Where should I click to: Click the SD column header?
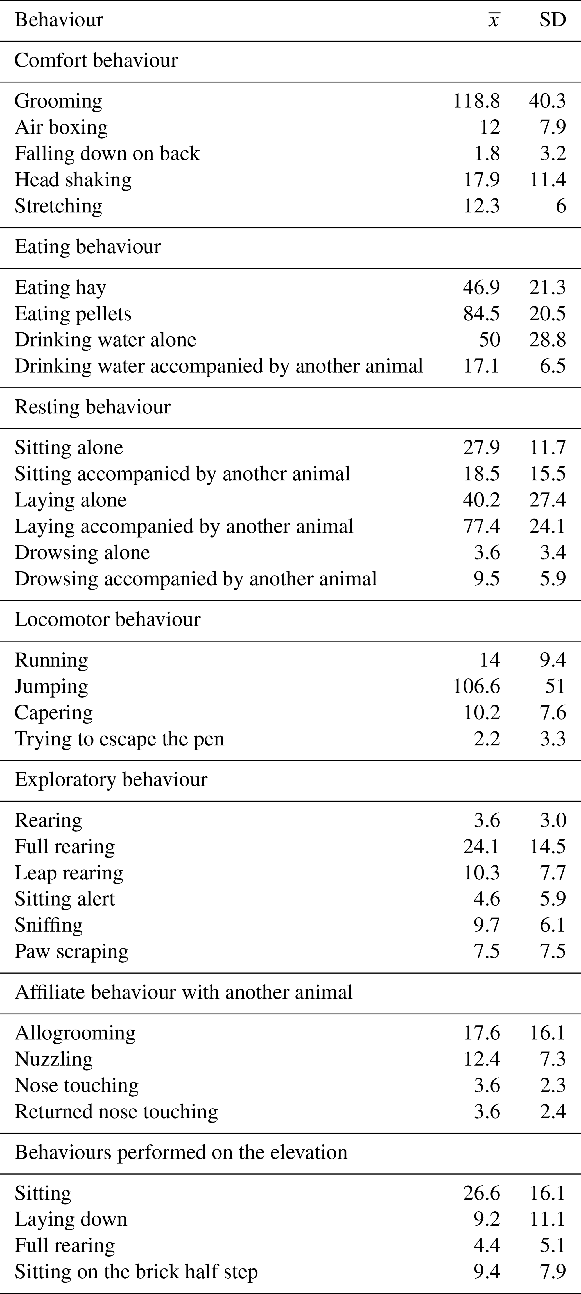552,20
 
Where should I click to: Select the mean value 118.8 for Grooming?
476,101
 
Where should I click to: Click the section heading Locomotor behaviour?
107,619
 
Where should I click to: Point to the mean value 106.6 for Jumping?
476,686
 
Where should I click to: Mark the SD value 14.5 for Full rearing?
547,847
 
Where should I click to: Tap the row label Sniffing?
48,925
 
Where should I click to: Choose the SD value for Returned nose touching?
552,1111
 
